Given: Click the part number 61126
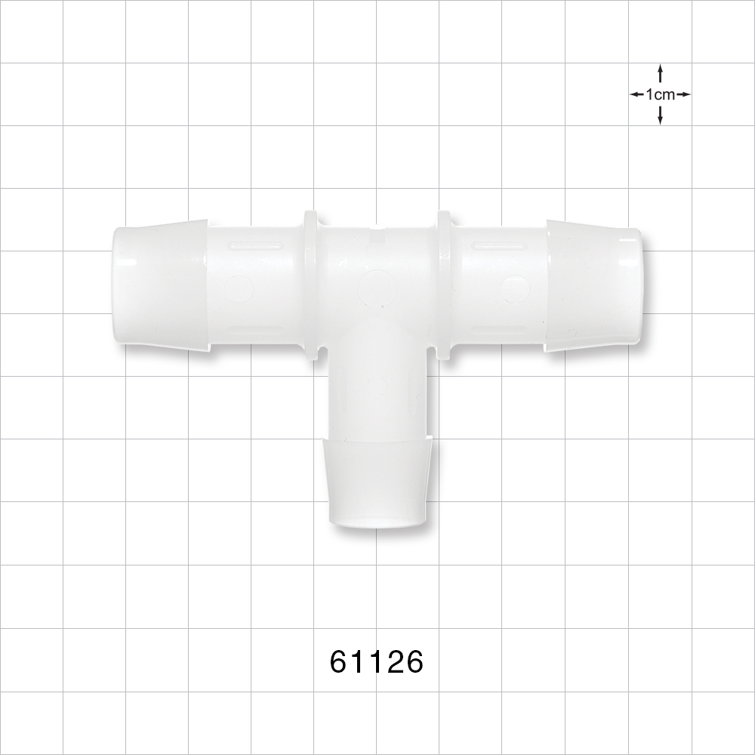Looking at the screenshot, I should pos(377,662).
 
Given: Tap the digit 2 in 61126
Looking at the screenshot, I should pos(393,662).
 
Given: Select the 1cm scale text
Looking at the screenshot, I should pos(660,94).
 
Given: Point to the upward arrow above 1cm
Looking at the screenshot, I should pos(660,73).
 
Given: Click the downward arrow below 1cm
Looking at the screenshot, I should pos(660,116).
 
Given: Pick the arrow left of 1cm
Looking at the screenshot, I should pos(636,94).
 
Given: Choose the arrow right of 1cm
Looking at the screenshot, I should pos(683,94).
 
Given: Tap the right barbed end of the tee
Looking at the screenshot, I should pos(594,287).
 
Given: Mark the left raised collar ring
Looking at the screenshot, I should pos(310,287).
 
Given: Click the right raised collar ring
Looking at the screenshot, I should pos(444,287).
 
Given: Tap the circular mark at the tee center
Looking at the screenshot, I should pos(374,287).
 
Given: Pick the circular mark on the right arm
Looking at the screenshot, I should pos(515,288).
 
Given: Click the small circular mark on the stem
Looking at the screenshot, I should pos(377,385).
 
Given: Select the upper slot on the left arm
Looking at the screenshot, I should pos(257,245).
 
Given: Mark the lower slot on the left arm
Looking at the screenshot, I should pos(257,330).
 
